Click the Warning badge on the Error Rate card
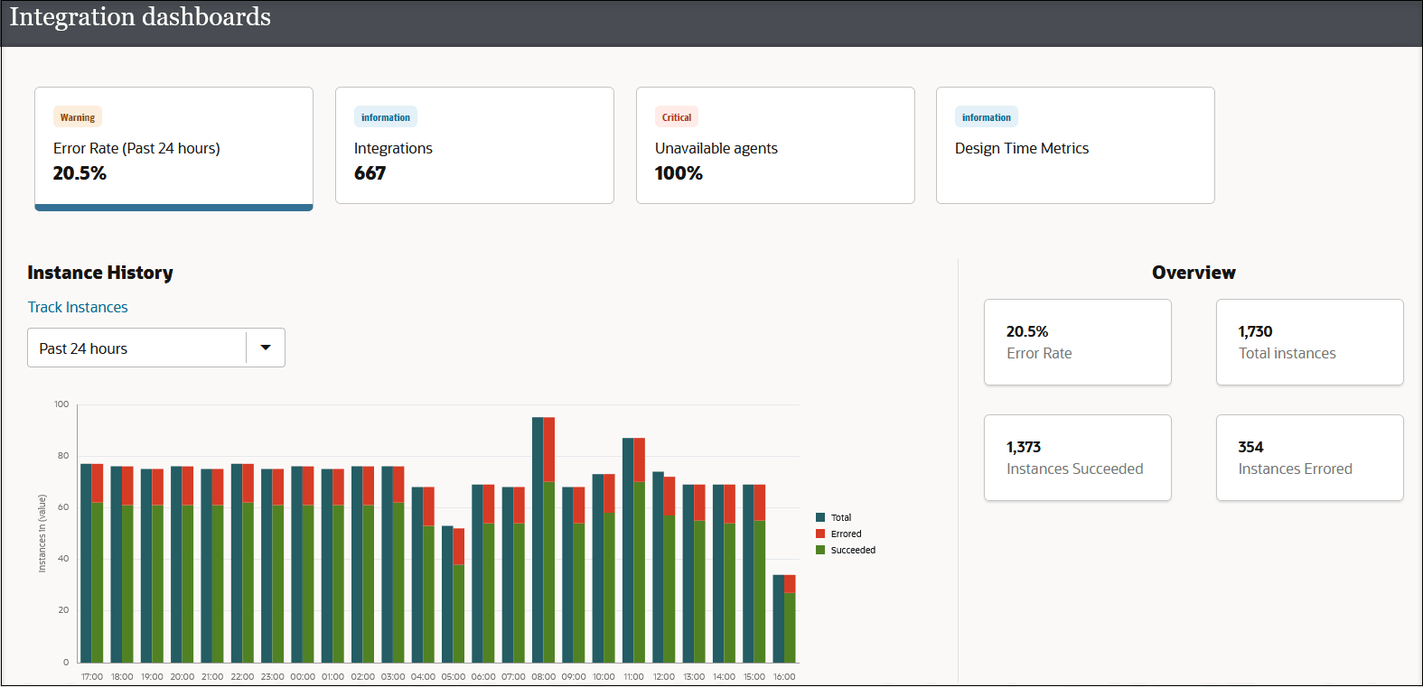coord(78,117)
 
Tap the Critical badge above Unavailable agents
coord(676,117)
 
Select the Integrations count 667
coord(370,173)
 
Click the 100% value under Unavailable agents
coord(679,173)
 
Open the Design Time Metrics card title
coord(1021,148)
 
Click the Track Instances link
coord(78,307)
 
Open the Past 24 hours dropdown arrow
coord(266,348)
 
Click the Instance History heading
coord(100,273)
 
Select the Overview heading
coord(1193,273)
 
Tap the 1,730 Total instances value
coord(1255,331)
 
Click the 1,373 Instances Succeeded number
coord(1024,447)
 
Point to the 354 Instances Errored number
coord(1250,447)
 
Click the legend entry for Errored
coord(846,534)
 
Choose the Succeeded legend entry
coord(852,550)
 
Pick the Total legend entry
coord(840,517)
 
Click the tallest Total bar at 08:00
coord(538,542)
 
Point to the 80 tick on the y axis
coord(63,456)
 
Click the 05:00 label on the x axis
coord(453,676)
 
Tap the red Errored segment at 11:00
coord(640,459)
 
